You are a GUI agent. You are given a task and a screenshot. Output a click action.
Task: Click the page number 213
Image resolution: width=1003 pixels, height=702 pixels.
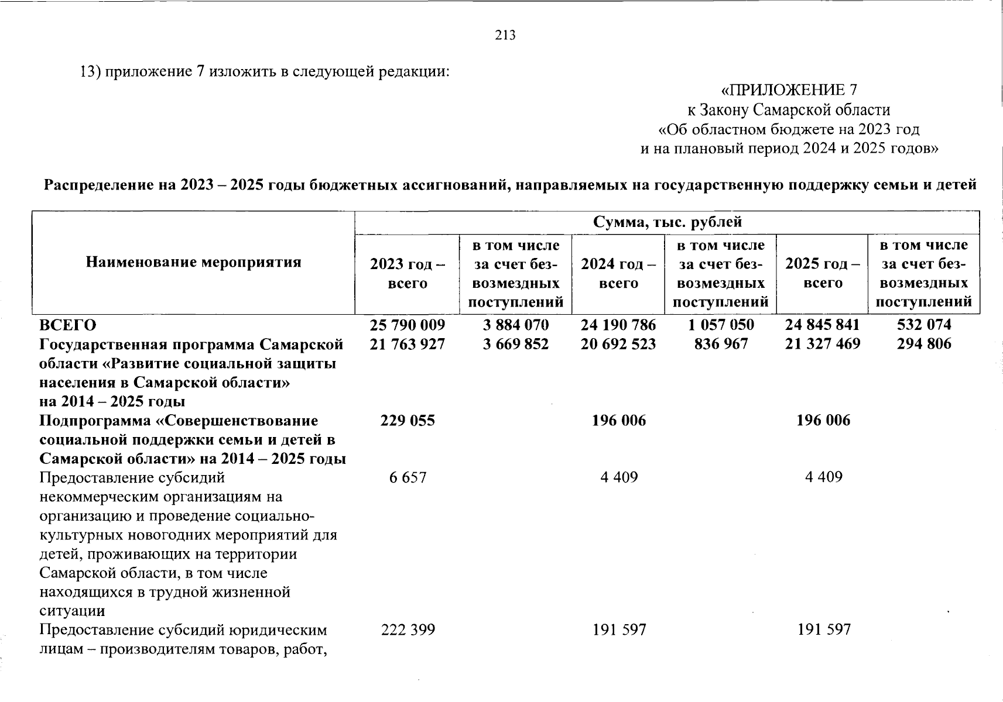click(x=505, y=36)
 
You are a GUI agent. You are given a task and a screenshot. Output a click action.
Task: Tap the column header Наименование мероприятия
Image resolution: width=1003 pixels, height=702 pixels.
click(x=193, y=262)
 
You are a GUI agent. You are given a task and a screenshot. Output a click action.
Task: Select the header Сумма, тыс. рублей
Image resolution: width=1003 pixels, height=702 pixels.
click(x=667, y=222)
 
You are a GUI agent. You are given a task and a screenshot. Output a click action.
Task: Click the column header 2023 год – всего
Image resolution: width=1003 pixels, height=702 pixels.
click(x=408, y=273)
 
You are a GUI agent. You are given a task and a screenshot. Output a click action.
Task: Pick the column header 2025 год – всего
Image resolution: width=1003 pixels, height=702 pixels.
click(x=823, y=273)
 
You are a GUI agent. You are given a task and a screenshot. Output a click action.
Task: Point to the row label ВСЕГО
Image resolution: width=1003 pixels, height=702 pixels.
click(x=68, y=325)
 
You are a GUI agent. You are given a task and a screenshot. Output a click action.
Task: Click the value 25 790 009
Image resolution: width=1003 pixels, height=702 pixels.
click(x=408, y=325)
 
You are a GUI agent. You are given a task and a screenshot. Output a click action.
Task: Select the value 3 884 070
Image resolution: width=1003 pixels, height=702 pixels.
click(x=515, y=325)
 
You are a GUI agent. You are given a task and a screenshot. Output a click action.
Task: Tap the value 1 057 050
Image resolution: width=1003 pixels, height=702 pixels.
click(x=721, y=325)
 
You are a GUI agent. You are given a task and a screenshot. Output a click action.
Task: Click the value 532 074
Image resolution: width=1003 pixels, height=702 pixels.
click(x=924, y=325)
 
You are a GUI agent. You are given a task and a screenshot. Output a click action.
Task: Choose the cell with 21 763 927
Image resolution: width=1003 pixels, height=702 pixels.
click(x=408, y=344)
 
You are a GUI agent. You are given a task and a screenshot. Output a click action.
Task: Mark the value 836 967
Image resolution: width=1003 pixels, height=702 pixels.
click(x=721, y=344)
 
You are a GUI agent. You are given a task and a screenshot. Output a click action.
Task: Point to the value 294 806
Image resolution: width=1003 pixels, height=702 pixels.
click(x=924, y=344)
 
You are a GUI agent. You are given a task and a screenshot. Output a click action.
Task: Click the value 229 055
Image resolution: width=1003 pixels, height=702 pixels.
click(x=408, y=421)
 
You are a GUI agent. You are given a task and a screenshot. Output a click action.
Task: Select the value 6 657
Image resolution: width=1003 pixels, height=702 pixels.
click(x=408, y=477)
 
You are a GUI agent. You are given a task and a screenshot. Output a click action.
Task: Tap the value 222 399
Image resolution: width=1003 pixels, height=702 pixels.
click(x=408, y=630)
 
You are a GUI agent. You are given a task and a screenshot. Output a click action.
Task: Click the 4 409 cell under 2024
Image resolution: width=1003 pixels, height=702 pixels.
click(x=619, y=477)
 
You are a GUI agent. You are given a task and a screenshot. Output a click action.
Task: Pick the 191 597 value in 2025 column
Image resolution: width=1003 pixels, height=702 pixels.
click(x=823, y=630)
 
